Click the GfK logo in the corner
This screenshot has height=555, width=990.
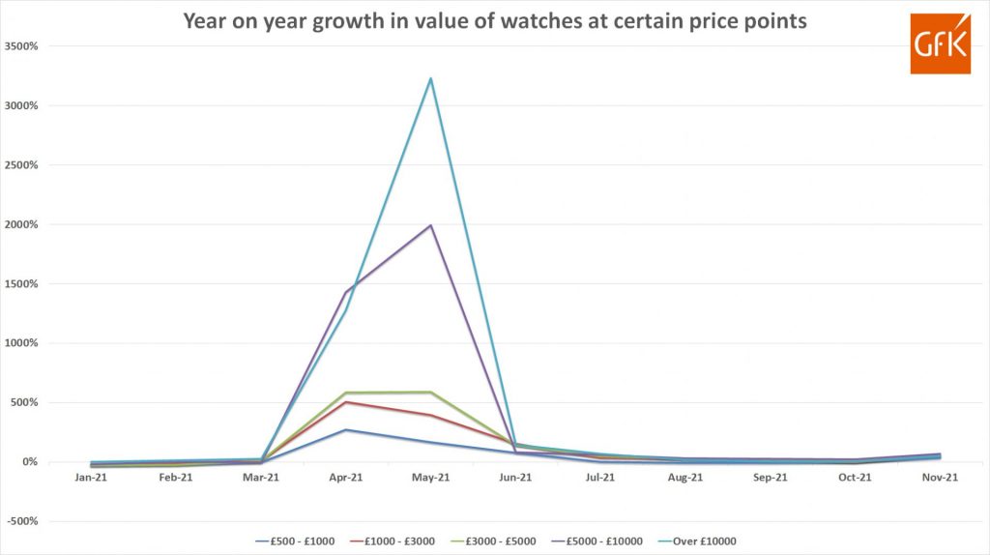[x=940, y=44]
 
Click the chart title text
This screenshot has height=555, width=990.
[x=495, y=21]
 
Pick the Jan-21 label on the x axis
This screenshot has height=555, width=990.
[x=91, y=478]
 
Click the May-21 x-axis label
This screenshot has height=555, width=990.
[x=430, y=478]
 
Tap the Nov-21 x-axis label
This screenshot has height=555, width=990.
[x=939, y=478]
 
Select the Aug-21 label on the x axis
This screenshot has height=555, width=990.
[x=684, y=478]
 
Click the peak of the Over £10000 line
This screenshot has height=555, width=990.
[x=430, y=78]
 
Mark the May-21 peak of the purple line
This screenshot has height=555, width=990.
[x=430, y=225]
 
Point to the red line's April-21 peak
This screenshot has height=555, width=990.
[x=346, y=402]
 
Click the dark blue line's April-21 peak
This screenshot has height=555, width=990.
[x=346, y=430]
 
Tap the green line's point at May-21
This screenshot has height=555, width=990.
[x=430, y=393]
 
